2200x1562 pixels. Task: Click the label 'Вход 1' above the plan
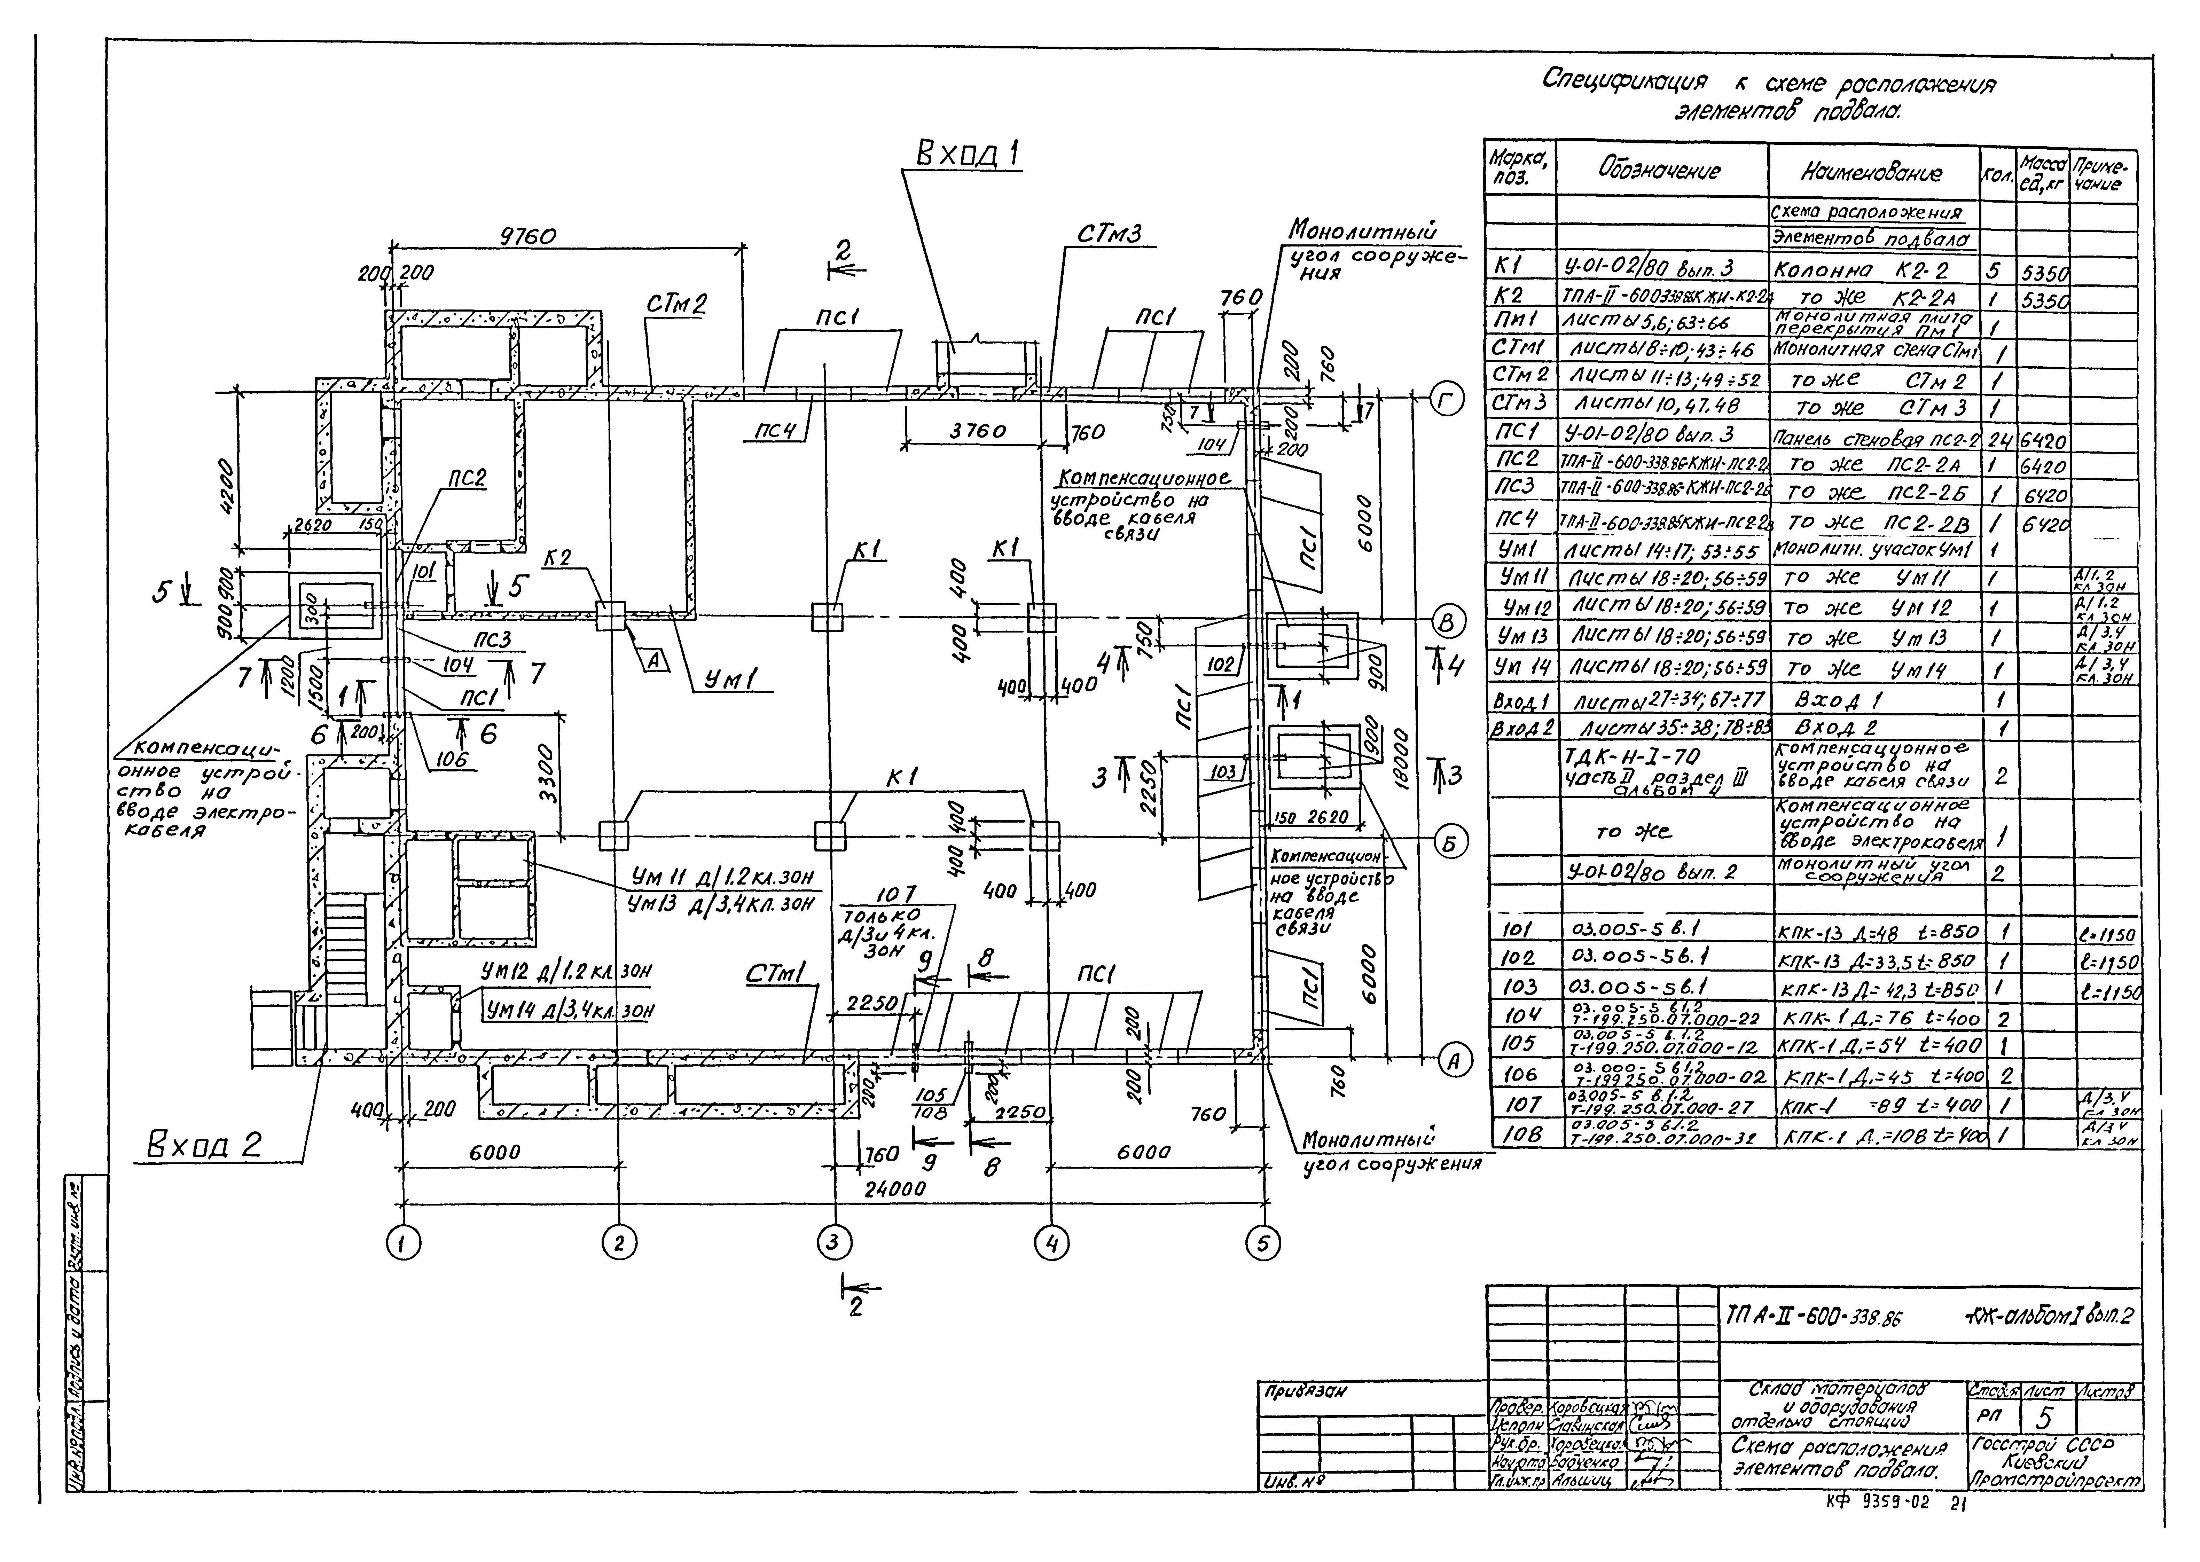(968, 154)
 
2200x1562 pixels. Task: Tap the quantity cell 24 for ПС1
(1997, 440)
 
